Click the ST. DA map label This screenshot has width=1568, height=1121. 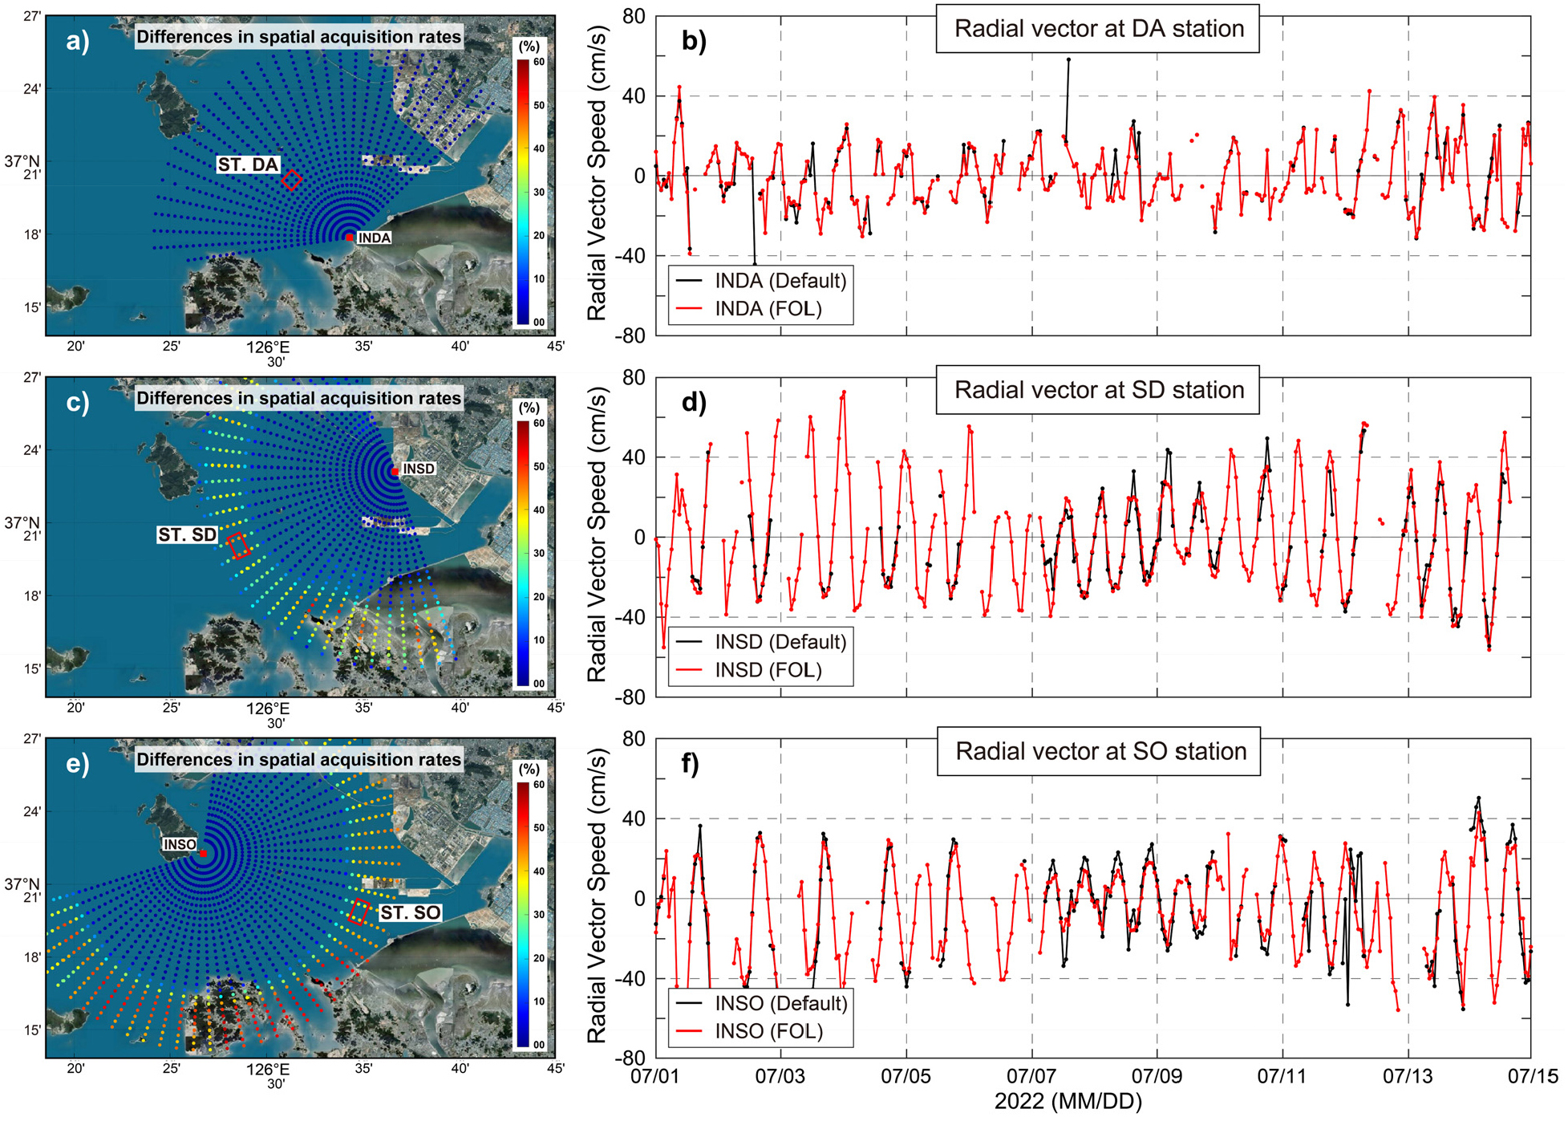click(248, 164)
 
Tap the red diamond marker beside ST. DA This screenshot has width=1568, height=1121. click(292, 179)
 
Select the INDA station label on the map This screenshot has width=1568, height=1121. click(374, 238)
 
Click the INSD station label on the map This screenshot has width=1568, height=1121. click(419, 469)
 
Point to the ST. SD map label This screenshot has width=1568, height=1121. click(187, 535)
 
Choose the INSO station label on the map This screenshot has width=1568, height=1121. click(180, 844)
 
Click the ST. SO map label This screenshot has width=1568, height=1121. click(410, 912)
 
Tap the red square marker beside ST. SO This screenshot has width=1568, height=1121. click(360, 912)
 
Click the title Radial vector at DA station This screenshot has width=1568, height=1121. click(1098, 29)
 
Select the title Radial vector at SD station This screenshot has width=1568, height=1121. click(1098, 390)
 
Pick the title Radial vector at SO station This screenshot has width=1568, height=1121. click(1100, 752)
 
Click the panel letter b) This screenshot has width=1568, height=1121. click(694, 41)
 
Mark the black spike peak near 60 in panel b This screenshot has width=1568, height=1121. click(1068, 59)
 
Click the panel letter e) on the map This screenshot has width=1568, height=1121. click(78, 763)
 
